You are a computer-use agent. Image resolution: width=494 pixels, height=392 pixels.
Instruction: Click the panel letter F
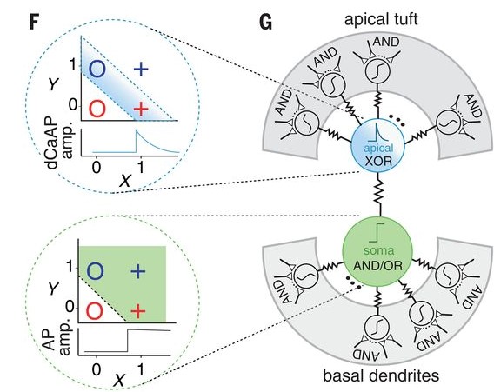click(11, 17)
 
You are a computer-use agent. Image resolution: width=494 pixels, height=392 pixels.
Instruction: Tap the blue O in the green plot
click(97, 271)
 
